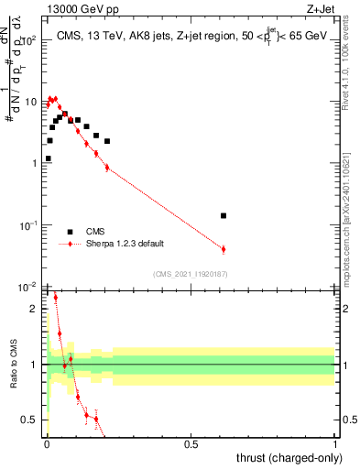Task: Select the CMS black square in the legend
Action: click(x=70, y=232)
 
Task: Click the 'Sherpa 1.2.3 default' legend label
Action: click(x=125, y=245)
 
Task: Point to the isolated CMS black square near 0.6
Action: click(x=224, y=215)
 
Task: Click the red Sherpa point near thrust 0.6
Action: click(x=224, y=249)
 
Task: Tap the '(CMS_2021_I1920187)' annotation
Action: click(x=190, y=274)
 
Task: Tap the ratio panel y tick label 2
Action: click(x=33, y=309)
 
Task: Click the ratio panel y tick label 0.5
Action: click(x=27, y=420)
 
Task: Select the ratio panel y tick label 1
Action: click(x=33, y=365)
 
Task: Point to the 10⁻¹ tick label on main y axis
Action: click(x=27, y=225)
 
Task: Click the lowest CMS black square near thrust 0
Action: click(x=48, y=158)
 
